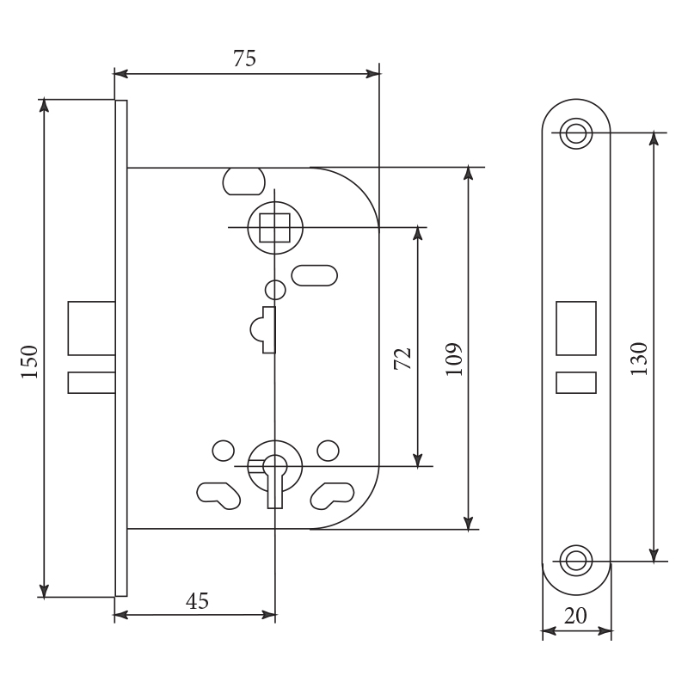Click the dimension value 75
coord(244,58)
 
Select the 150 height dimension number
coord(30,361)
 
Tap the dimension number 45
coord(197,600)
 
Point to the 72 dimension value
coord(402,359)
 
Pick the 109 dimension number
coord(454,359)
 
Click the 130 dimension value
coord(639,359)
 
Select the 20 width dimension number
coord(575,616)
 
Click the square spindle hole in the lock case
coord(274,228)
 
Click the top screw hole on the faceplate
coord(575,132)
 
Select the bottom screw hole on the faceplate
coord(575,561)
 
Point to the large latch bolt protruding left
coord(92,329)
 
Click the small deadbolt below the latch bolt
coord(92,383)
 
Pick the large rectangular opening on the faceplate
coord(576,329)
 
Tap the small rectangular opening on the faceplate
coord(576,383)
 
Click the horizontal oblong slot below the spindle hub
coord(315,275)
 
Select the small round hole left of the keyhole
coord(224,451)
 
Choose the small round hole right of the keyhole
coord(328,451)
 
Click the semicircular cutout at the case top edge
coord(244,181)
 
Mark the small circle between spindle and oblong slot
coord(275,290)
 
